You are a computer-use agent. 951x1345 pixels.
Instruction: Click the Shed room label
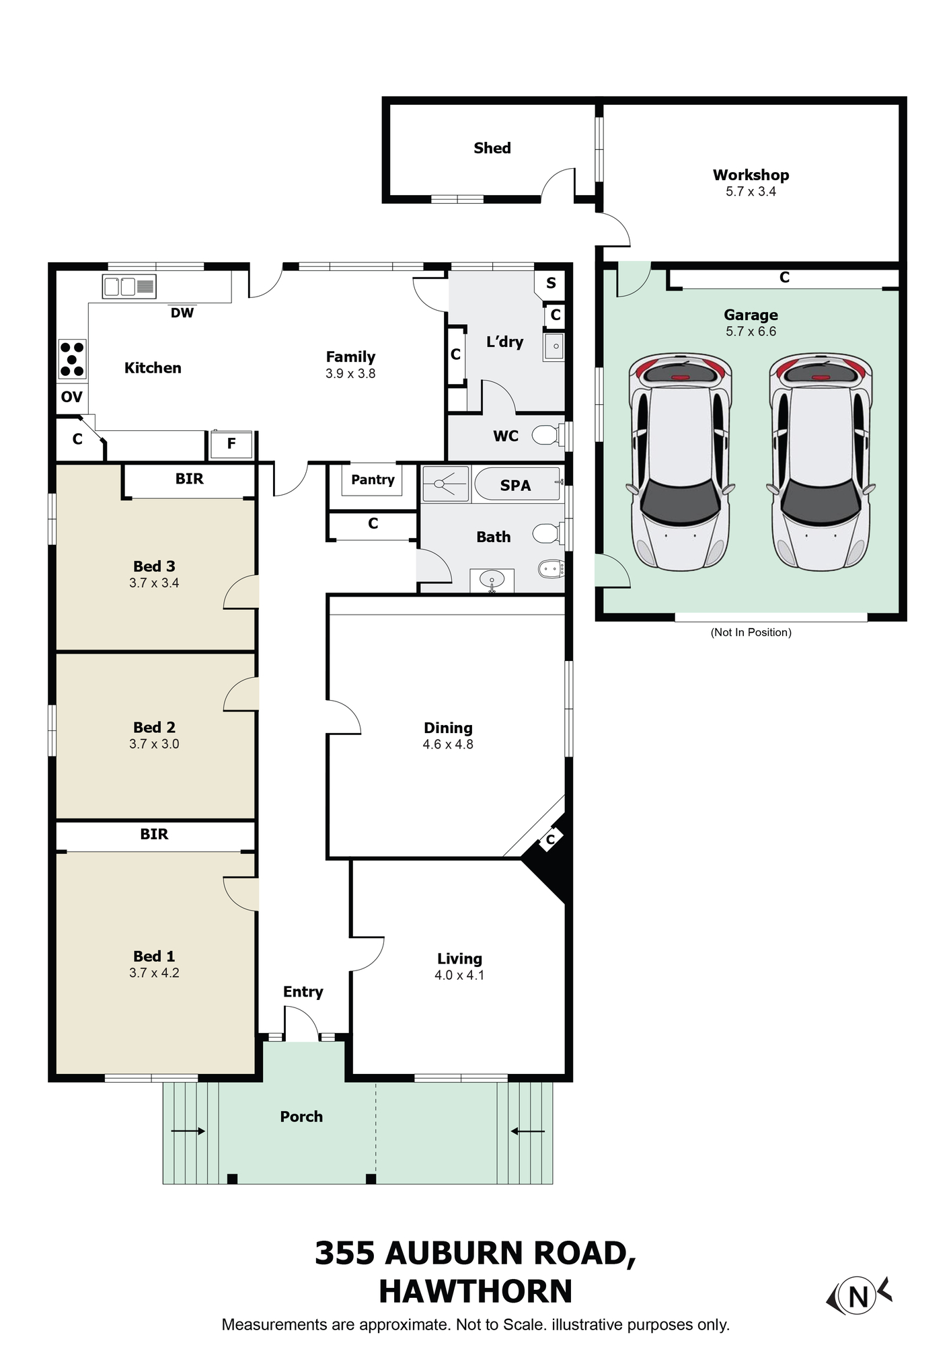[x=492, y=148]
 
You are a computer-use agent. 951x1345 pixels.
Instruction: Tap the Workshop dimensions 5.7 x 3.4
[x=751, y=192]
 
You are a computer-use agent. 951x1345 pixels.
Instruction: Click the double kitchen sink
[x=129, y=286]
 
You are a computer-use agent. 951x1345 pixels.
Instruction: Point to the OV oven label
[x=71, y=397]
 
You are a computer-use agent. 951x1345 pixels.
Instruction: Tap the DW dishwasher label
[x=182, y=313]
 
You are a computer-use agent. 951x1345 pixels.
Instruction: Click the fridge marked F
[x=231, y=444]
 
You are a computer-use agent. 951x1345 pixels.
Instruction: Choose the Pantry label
[x=373, y=479]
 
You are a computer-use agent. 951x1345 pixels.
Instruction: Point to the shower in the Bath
[x=445, y=484]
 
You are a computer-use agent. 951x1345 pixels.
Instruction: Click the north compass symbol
[x=859, y=1295]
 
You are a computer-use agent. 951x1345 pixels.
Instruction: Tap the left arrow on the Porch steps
[x=188, y=1131]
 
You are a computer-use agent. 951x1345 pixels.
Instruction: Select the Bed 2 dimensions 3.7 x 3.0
[x=154, y=744]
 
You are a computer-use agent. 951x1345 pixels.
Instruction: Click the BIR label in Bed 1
[x=154, y=834]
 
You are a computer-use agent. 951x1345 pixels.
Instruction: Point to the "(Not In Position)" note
[x=751, y=632]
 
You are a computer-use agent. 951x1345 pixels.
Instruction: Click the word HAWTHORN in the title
[x=475, y=1291]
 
